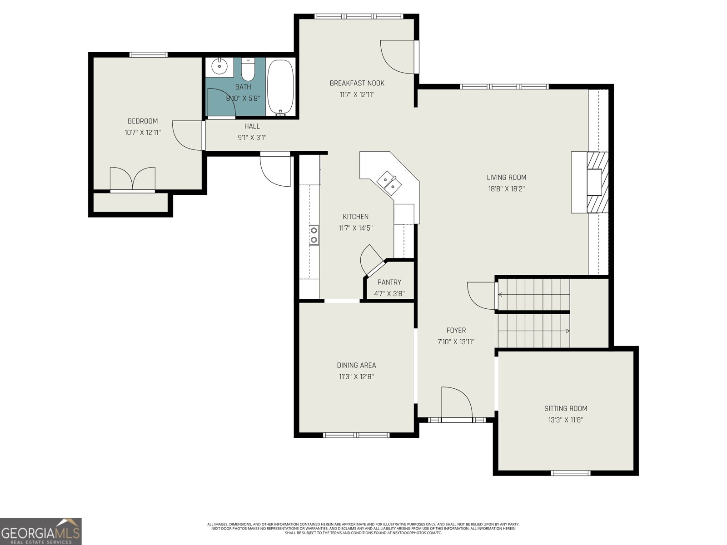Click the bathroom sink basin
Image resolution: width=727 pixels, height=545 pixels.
[219, 66]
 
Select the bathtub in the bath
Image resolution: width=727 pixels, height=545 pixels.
[280, 87]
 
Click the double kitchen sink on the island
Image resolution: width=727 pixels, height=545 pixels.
[389, 182]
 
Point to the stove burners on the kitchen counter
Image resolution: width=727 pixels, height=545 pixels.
[314, 235]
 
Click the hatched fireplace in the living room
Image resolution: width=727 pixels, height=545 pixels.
[598, 182]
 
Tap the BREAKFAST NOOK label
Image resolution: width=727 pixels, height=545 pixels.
[357, 83]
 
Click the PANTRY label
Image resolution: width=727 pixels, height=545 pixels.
[389, 282]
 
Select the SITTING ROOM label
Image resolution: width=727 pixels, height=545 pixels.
[565, 408]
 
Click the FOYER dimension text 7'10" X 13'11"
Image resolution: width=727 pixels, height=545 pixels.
[456, 342]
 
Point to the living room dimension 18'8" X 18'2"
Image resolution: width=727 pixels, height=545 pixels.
[507, 189]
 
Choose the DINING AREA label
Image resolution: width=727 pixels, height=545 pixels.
[356, 365]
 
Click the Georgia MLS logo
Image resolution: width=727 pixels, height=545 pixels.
[41, 531]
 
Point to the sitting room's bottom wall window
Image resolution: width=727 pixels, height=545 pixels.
[570, 473]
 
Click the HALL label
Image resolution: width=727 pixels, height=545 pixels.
[252, 126]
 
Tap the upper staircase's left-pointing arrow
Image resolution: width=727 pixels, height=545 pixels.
[500, 294]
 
